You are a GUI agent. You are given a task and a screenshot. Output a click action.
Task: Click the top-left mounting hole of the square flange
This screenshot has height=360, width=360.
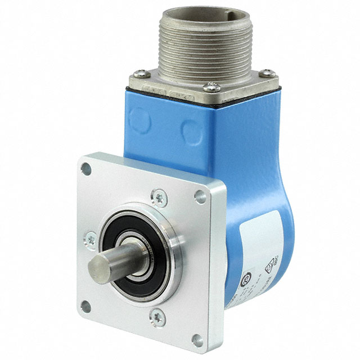coord(85,167)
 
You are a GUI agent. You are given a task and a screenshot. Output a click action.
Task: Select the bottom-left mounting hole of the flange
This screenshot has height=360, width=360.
coord(85,307)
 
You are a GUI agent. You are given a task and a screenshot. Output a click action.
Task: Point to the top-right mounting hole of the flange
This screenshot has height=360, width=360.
coord(200,196)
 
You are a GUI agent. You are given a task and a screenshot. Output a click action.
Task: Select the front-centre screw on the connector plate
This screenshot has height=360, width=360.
coord(211,87)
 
